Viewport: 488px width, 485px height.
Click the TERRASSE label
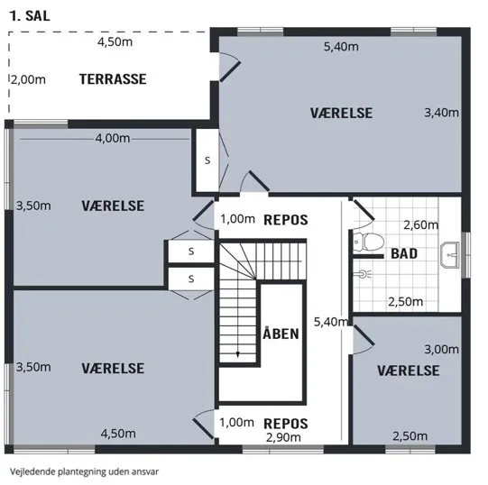point(113,79)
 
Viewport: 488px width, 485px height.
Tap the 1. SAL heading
point(30,16)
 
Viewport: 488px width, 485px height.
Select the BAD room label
point(404,253)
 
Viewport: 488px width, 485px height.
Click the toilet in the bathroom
point(369,242)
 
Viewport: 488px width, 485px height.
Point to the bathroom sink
point(450,255)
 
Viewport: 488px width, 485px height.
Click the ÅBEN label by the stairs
point(281,334)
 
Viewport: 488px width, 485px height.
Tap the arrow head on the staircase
point(238,354)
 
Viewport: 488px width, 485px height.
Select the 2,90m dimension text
point(283,437)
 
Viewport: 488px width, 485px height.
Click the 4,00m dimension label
point(113,138)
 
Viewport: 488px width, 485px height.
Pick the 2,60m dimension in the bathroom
point(420,224)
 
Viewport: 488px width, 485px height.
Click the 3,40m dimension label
point(442,113)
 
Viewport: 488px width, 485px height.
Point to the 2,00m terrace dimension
point(28,79)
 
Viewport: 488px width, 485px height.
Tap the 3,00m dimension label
point(442,350)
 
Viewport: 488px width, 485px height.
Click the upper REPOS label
point(286,220)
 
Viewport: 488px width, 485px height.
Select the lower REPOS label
point(286,424)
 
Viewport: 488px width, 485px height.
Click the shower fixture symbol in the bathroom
point(363,274)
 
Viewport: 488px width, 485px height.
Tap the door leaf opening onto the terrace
point(230,71)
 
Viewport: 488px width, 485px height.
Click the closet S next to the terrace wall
point(207,160)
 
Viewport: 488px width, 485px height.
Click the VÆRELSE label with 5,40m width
point(341,113)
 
